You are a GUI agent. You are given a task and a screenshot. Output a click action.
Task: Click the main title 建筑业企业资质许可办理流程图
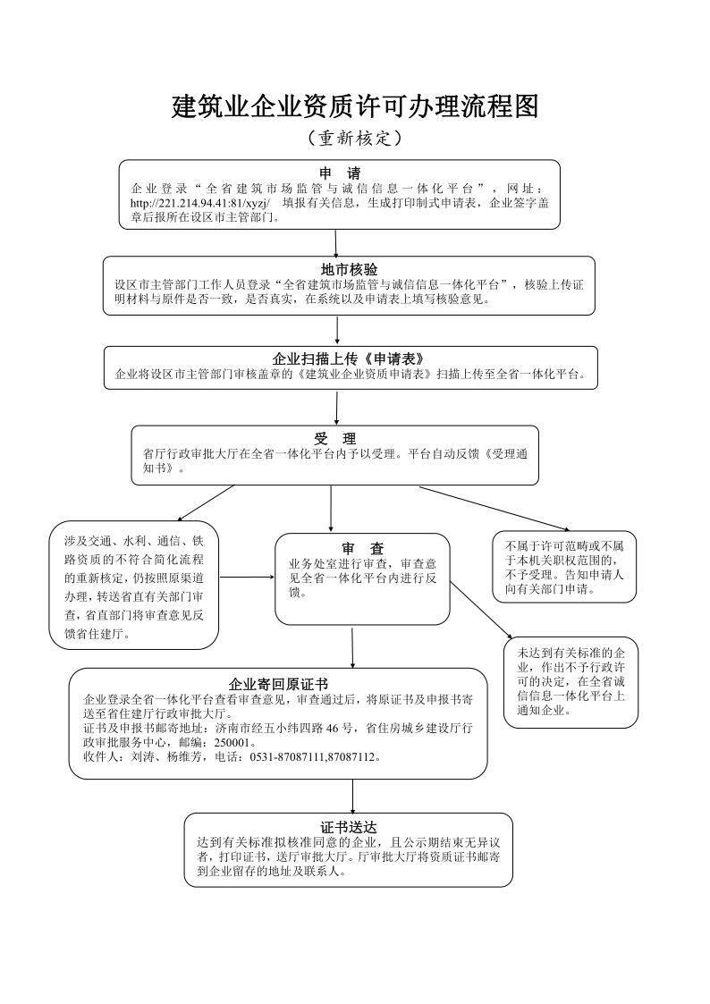355,107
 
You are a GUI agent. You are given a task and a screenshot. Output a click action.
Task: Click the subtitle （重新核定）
354,139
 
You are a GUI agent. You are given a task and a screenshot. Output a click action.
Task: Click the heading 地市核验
349,269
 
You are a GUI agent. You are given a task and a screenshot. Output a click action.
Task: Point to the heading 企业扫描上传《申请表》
349,359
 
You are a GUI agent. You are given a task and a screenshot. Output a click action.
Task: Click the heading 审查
362,548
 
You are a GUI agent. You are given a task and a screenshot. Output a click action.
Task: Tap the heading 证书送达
349,827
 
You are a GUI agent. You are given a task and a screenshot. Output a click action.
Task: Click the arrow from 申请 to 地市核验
336,242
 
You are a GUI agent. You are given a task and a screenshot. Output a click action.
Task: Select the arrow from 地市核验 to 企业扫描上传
337,330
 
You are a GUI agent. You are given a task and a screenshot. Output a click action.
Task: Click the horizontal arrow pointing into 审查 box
247,577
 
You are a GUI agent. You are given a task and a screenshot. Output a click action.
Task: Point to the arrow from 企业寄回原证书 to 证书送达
352,796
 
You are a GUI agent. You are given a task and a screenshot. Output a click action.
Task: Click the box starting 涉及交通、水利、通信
134,586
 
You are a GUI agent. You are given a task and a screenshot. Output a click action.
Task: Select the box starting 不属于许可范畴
564,567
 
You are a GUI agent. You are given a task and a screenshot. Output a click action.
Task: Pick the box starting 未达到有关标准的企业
570,681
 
